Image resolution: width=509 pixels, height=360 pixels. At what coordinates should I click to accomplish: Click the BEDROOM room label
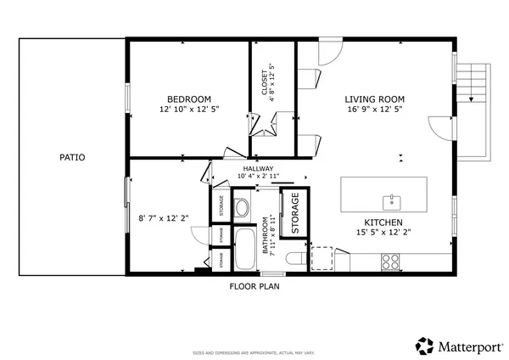point(189,98)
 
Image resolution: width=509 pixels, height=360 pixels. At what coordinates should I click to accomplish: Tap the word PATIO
point(72,157)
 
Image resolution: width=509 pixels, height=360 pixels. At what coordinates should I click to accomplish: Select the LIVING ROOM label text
point(371,98)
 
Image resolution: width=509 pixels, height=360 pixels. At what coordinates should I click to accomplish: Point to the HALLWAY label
point(259,169)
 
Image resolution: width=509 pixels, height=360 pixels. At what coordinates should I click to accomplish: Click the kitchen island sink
point(392,200)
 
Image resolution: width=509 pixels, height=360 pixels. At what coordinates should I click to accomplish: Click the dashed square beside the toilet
point(322,258)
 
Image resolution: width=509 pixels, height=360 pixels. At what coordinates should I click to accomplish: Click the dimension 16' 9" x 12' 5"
point(371,110)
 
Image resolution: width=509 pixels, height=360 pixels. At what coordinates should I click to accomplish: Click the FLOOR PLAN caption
point(255,286)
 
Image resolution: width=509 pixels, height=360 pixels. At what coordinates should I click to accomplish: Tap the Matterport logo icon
point(424,346)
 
